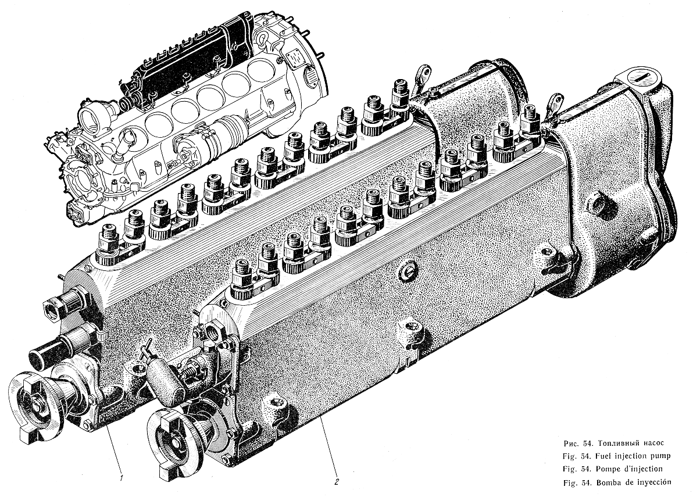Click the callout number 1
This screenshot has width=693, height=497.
[x=120, y=477]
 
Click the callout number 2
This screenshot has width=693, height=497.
[x=337, y=481]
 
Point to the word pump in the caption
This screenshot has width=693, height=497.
[x=661, y=456]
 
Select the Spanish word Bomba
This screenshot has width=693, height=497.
[x=608, y=482]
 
